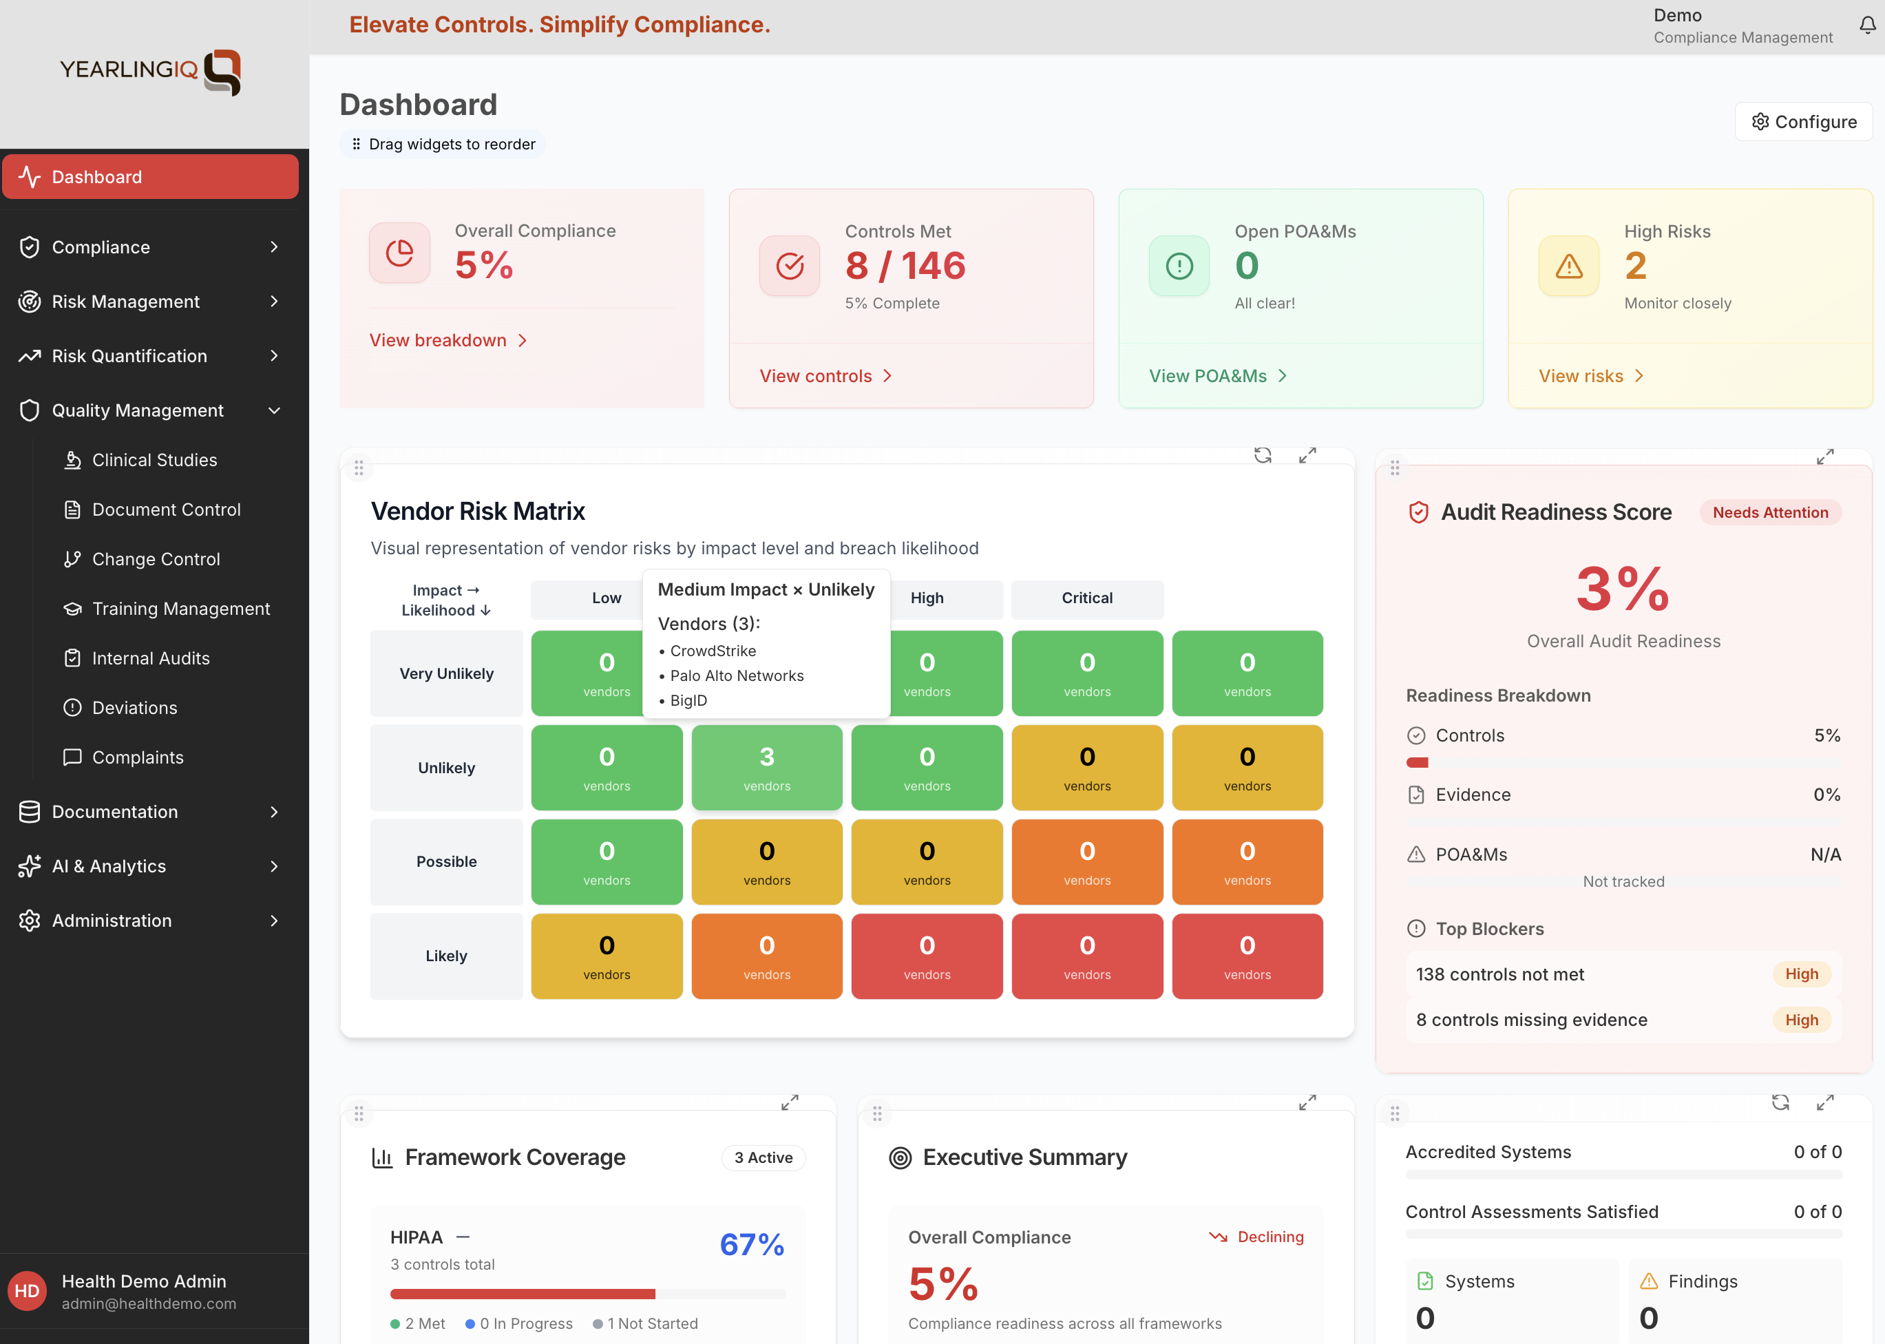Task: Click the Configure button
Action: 1803,122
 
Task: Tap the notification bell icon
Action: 1868,25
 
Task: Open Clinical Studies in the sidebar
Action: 154,460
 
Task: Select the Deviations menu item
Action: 134,708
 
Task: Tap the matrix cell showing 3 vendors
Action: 766,768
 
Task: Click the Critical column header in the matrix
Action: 1086,598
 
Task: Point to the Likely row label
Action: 446,956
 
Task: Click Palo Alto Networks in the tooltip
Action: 737,675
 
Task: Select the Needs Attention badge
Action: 1769,512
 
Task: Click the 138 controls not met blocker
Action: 1499,974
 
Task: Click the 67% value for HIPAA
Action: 751,1245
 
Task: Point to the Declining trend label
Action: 1270,1237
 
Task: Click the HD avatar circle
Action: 28,1291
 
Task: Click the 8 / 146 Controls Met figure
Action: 905,266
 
